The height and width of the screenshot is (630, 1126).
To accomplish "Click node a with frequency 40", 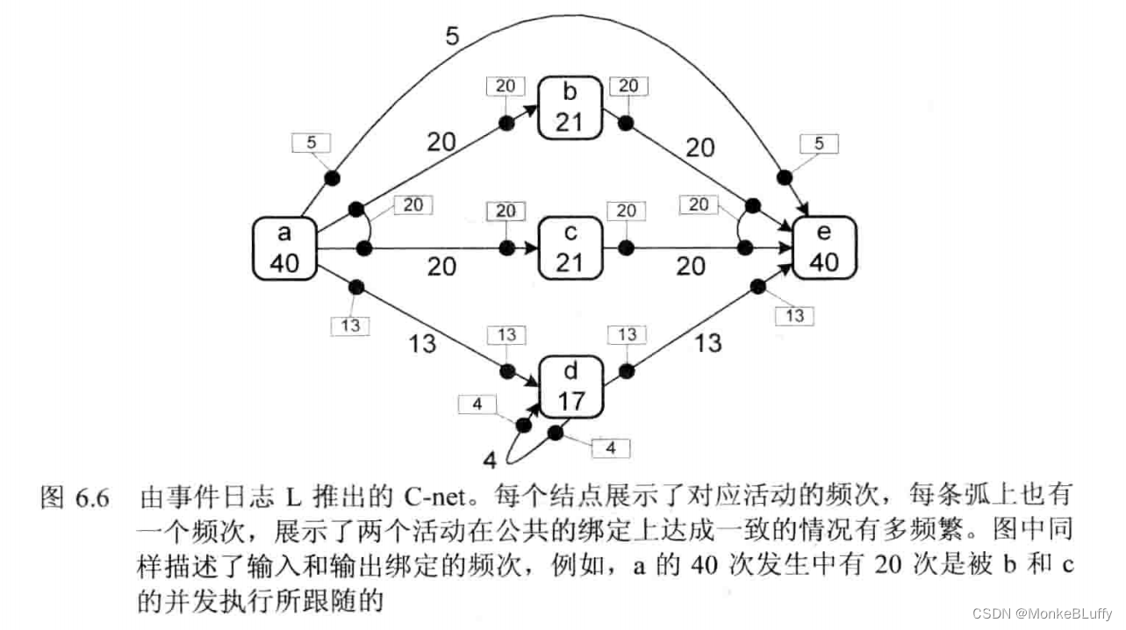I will (x=283, y=248).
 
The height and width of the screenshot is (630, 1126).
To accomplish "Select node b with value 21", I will (x=570, y=106).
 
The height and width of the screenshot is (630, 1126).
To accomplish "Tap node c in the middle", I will (x=570, y=248).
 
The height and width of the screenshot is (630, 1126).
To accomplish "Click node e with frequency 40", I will (x=824, y=248).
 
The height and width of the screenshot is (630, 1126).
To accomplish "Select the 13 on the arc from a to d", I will (x=422, y=343).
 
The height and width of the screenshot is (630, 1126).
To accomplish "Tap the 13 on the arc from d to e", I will (x=707, y=342).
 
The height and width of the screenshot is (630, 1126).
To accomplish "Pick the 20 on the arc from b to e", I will (x=699, y=147).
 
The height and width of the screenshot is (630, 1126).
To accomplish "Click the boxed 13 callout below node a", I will (x=350, y=326).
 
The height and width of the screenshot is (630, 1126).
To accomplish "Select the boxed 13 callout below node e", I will (x=795, y=315).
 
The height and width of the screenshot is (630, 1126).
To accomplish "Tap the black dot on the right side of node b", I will (x=626, y=122).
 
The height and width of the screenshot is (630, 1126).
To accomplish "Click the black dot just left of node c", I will (x=506, y=248).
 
